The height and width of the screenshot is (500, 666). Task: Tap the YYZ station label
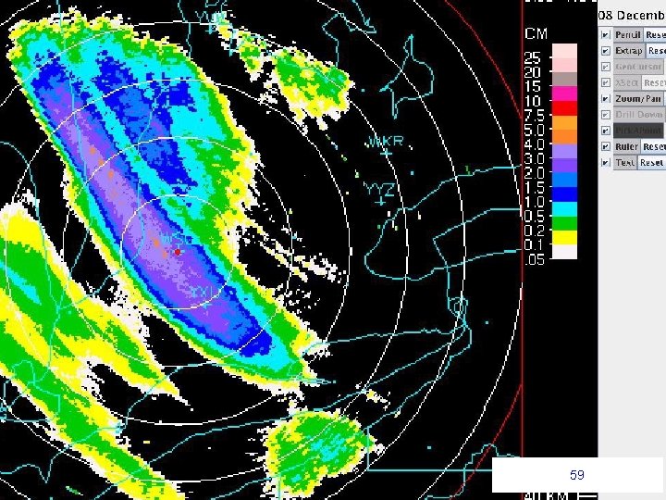(379, 189)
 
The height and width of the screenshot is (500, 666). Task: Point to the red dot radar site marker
(177, 251)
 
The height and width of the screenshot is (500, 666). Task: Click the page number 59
(577, 475)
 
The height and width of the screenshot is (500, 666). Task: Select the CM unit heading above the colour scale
(536, 34)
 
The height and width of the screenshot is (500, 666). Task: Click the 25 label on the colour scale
(532, 57)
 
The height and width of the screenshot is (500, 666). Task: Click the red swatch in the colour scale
(564, 108)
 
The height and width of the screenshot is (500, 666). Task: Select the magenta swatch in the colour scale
(564, 94)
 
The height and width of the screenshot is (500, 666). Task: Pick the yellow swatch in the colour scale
(564, 237)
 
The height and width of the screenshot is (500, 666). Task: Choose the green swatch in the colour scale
(564, 223)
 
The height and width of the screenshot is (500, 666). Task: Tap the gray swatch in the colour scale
(564, 80)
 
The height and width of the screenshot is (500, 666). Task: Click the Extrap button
(628, 51)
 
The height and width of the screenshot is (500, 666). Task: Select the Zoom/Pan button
(638, 98)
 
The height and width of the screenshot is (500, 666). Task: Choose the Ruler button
(627, 146)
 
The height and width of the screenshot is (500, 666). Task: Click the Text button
(625, 163)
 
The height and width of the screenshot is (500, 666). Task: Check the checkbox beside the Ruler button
(604, 146)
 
